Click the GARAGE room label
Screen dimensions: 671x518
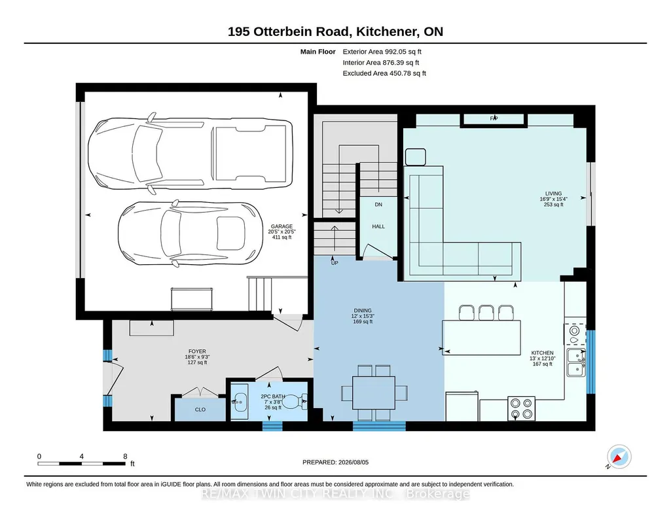[x=281, y=226]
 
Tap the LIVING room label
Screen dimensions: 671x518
[x=553, y=194]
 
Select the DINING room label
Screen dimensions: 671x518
[x=363, y=311]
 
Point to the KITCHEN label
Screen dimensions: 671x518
[x=542, y=353]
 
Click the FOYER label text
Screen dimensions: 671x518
[x=197, y=351]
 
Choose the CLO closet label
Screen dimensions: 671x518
[x=200, y=409]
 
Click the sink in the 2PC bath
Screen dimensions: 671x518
[x=240, y=402]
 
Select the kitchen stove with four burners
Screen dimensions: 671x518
[x=521, y=409]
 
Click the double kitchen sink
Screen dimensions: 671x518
[x=577, y=362]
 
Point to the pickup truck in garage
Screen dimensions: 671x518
[x=190, y=154]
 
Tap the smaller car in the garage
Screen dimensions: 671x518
[x=189, y=233]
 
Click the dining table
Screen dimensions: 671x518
[x=374, y=393]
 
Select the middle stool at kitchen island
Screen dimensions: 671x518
[x=486, y=313]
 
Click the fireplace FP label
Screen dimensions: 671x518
[x=494, y=118]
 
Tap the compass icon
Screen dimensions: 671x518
[x=619, y=457]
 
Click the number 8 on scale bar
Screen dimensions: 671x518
[x=125, y=457]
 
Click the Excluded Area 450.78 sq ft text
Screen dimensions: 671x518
[x=384, y=73]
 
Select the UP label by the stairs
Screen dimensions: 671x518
[x=335, y=263]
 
